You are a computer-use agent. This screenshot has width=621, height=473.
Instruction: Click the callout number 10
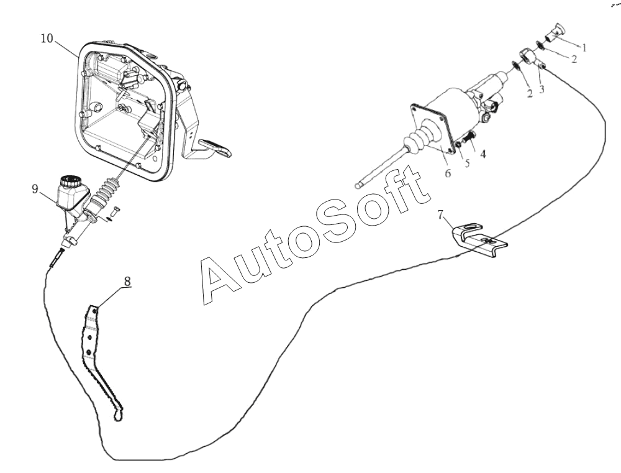coord(47,39)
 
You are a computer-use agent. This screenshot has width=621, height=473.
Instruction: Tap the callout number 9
coord(35,189)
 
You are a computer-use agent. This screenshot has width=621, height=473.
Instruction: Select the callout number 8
coord(127,281)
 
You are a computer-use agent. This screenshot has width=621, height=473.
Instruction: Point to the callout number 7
coord(441,214)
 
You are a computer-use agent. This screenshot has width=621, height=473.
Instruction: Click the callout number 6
coord(448,173)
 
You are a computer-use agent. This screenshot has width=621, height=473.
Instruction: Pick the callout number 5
coord(468,163)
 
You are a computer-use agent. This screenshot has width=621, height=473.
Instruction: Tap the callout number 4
coord(483,154)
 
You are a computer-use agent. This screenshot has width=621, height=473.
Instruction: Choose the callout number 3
coord(542,90)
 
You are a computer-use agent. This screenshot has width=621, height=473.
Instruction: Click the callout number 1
coord(584,48)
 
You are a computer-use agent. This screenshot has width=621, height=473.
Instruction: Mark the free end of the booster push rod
coord(359,184)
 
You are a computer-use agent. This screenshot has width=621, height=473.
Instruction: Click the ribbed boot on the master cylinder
coord(107,191)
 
